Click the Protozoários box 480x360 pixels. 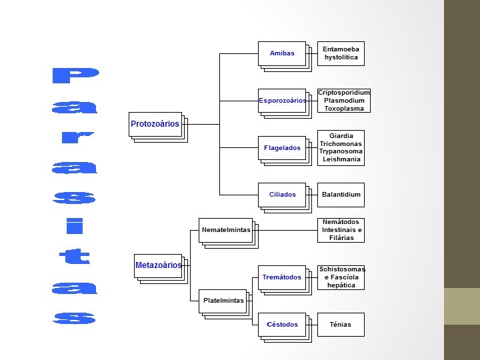coord(155,124)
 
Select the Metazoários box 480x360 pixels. coord(158,265)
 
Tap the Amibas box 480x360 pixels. coord(282,53)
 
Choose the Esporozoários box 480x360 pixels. coord(282,101)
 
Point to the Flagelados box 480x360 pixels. coord(282,147)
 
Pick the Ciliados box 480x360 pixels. coord(282,195)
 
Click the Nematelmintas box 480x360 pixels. coord(226,230)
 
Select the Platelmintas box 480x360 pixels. coord(223,301)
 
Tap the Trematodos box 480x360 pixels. coord(282,277)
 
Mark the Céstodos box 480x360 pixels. coord(282,325)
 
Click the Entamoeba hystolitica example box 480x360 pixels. coord(341,53)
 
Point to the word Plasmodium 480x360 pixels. coord(343,101)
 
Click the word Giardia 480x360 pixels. coord(341,136)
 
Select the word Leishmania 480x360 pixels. coord(341,160)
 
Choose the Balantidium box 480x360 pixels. coord(341,195)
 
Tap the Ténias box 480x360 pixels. coord(341,325)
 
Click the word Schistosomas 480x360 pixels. coord(341,269)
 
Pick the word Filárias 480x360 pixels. coord(341,238)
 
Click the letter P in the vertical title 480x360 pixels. coord(74,76)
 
